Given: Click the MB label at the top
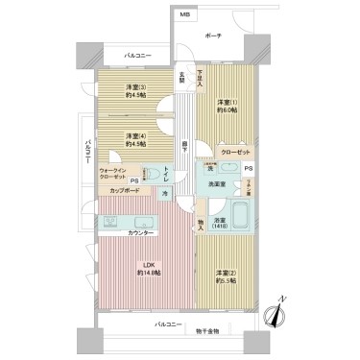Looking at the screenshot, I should (x=184, y=16).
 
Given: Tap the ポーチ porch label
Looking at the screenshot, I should (x=213, y=36).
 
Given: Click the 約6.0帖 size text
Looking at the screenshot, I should (x=227, y=109).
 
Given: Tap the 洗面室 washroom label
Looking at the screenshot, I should (x=218, y=183).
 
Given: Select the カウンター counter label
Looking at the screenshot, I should (x=142, y=233).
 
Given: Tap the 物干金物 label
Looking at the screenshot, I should (x=204, y=331).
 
